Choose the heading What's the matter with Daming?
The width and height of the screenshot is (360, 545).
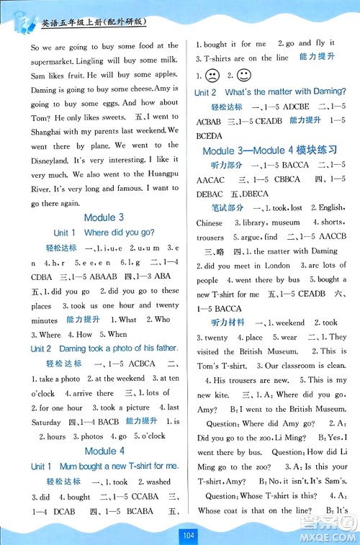click(286, 92)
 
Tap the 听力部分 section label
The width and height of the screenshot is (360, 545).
click(219, 167)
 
